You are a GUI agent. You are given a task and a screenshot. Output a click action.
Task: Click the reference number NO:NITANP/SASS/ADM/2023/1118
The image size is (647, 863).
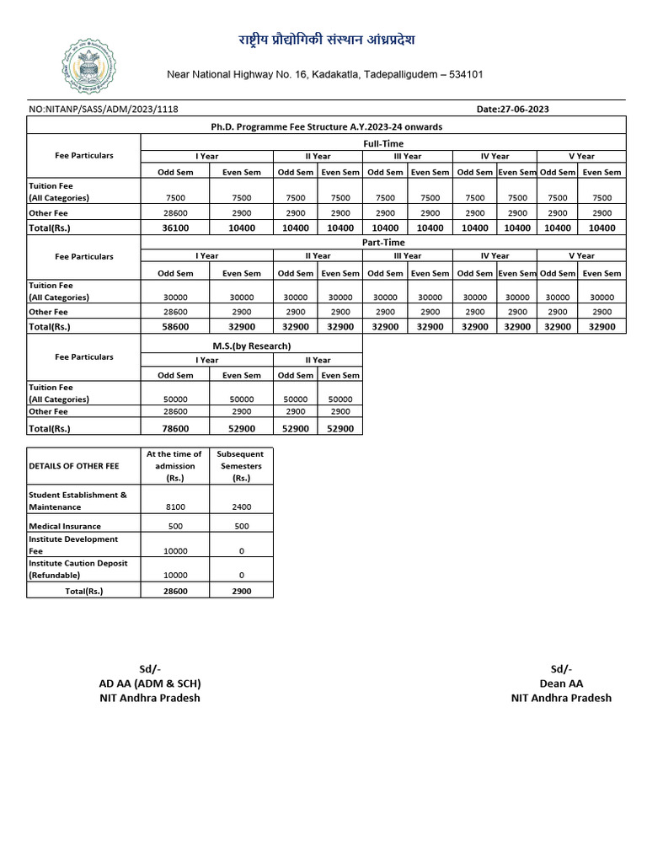(x=104, y=109)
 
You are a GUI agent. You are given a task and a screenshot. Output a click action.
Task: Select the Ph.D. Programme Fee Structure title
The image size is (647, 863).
(x=326, y=126)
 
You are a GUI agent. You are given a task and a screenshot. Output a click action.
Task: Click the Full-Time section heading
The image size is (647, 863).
(x=382, y=143)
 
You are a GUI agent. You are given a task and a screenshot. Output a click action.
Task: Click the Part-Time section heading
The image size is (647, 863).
(x=382, y=243)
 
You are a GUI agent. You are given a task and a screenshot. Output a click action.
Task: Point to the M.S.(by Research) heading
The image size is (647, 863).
(x=251, y=346)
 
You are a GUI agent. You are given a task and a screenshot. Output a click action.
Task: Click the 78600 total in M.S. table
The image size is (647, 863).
(x=176, y=428)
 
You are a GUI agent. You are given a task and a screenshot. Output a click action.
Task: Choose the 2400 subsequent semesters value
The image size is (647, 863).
(x=241, y=507)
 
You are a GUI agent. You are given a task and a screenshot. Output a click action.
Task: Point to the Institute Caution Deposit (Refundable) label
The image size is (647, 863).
(x=78, y=569)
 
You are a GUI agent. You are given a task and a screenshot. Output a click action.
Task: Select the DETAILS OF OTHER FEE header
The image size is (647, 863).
(x=74, y=465)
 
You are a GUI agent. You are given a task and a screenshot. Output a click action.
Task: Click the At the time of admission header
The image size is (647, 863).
(x=174, y=465)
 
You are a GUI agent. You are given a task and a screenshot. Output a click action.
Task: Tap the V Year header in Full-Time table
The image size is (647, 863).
(x=580, y=156)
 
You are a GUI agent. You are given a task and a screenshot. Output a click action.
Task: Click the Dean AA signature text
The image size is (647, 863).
(x=561, y=683)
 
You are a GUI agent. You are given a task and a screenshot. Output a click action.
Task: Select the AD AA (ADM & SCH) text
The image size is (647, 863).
(x=150, y=683)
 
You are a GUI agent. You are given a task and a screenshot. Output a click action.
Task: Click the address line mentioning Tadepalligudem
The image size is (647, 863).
(x=324, y=75)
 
